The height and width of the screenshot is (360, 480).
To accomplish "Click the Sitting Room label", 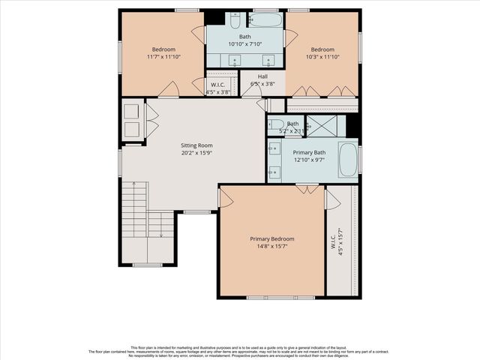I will point(196,145).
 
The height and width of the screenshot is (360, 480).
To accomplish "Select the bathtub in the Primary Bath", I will point(347,159).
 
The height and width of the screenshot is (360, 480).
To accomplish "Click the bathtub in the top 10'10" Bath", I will point(265,19).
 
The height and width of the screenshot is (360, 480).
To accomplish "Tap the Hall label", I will point(262,76).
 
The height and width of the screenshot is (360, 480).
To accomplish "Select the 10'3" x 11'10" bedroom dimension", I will point(322,57).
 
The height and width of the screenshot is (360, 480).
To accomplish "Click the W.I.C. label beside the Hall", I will point(218,85).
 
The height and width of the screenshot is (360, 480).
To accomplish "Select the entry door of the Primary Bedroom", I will point(225,197).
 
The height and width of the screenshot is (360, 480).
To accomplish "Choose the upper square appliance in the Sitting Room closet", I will point(132,112).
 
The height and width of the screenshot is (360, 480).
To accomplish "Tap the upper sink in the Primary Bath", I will point(274,150).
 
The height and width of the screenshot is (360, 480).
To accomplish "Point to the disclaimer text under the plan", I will point(240,350).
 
